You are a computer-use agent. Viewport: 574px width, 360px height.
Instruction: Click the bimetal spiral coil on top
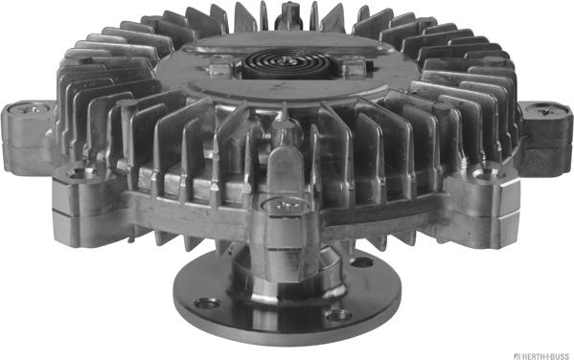[288, 63]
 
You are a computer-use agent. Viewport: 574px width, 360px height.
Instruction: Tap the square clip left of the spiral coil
[220, 68]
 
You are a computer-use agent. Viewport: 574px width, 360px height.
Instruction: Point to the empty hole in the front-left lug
[79, 174]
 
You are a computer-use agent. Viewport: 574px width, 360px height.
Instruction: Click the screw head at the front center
[286, 205]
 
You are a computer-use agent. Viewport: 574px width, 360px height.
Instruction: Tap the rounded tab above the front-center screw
[286, 172]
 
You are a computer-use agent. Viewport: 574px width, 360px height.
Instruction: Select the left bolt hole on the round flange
[207, 303]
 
